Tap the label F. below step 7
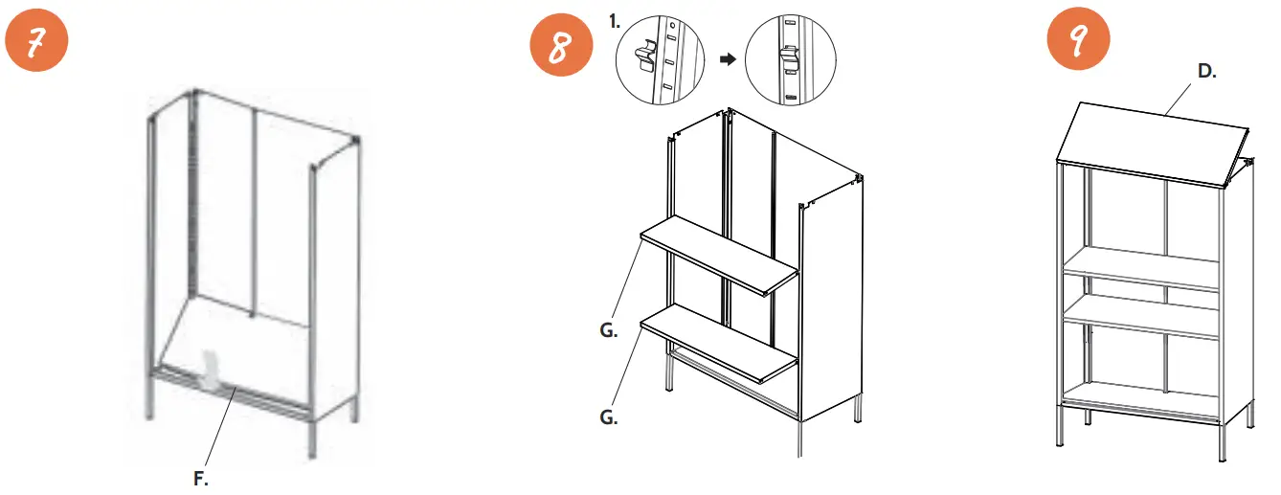(201, 479)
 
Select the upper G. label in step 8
(606, 332)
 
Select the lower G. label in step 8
(606, 418)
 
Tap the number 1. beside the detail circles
(615, 17)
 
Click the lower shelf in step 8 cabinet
(718, 342)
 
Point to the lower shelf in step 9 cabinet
(1139, 316)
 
